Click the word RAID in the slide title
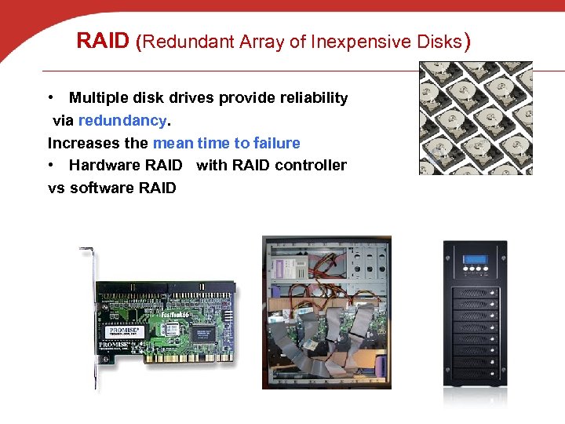[x=103, y=41]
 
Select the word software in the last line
[x=102, y=188]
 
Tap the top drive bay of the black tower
[x=476, y=293]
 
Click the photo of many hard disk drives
[x=476, y=118]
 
